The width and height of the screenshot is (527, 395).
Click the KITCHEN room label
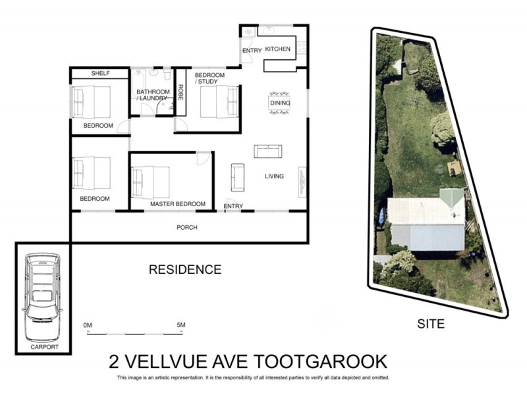pos(277,49)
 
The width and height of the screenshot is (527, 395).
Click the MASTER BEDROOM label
pos(178,204)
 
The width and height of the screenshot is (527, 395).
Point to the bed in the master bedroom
pos(151,181)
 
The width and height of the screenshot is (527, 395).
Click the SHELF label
pos(100,73)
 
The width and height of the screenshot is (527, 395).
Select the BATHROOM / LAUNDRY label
pos(151,95)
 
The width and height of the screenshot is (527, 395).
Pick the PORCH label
pos(187,228)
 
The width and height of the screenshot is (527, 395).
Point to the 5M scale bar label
pos(181,325)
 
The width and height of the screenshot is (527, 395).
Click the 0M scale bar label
pos(88,325)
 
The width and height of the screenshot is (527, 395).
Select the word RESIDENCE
pos(184,269)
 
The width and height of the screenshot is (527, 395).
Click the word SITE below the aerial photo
pos(431,323)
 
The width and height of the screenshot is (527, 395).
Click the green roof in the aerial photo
pos(451,197)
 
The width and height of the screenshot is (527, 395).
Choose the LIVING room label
pos(274,176)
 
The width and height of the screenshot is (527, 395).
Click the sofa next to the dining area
pos(268,151)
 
